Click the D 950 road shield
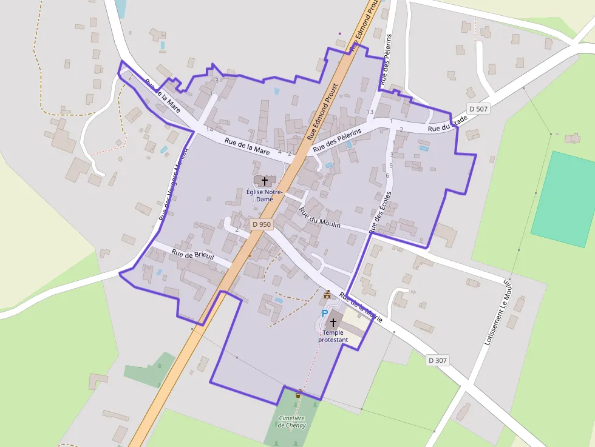tap(262, 224)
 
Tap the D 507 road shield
tap(478, 109)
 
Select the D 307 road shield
tap(437, 360)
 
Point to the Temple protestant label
tap(333, 336)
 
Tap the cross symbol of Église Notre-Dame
tap(264, 181)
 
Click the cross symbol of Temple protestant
tap(333, 322)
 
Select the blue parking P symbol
tap(325, 313)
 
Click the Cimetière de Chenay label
tap(291, 421)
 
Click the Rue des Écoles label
tap(379, 212)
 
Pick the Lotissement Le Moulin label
tap(497, 312)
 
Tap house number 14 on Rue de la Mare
tap(209, 129)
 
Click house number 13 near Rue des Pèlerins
tap(370, 112)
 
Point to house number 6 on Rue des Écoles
tap(387, 175)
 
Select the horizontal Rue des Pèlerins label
tap(337, 140)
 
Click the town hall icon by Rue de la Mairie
tap(327, 294)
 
